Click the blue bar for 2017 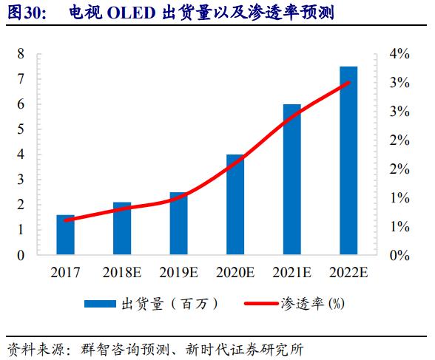click(66, 235)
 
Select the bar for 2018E click(122, 228)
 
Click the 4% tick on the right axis click(399, 54)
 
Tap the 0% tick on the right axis click(399, 255)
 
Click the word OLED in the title click(131, 13)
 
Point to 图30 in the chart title click(23, 13)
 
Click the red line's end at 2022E click(349, 82)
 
